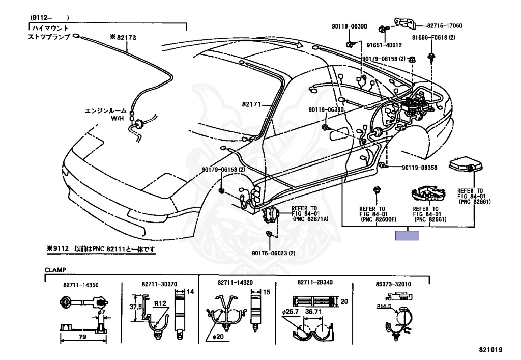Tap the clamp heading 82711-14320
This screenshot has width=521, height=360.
235,282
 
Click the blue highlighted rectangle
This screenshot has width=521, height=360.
408,235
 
